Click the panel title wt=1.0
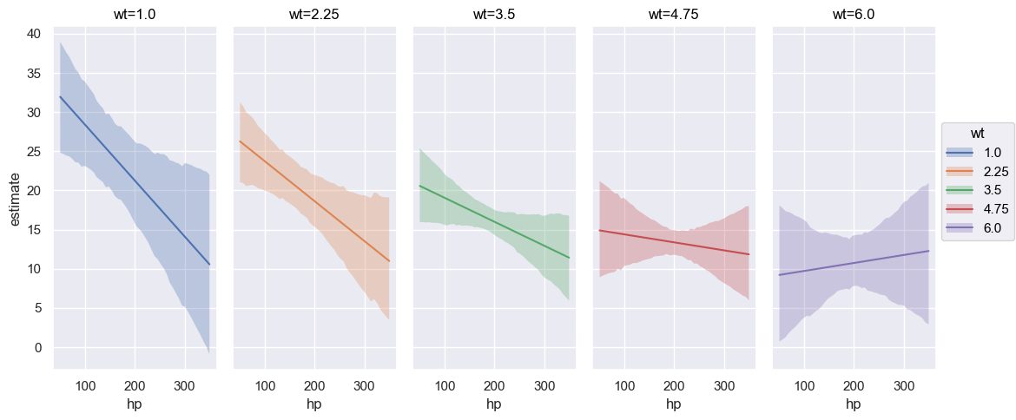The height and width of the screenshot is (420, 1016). (x=135, y=14)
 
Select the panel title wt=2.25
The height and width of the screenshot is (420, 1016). (x=313, y=14)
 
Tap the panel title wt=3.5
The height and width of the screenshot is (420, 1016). (x=493, y=14)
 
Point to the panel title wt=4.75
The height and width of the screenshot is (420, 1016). (x=673, y=14)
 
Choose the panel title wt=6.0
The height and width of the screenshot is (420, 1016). (x=853, y=14)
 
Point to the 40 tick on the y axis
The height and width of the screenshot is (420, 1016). (x=36, y=34)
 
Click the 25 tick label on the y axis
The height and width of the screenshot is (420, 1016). (x=36, y=152)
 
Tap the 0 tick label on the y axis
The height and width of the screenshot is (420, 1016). (x=39, y=348)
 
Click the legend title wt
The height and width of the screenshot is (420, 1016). (x=977, y=133)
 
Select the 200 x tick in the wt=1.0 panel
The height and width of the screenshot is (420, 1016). (x=135, y=385)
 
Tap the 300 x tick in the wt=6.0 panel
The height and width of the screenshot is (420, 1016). (x=904, y=385)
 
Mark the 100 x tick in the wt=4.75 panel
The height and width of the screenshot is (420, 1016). (x=624, y=385)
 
